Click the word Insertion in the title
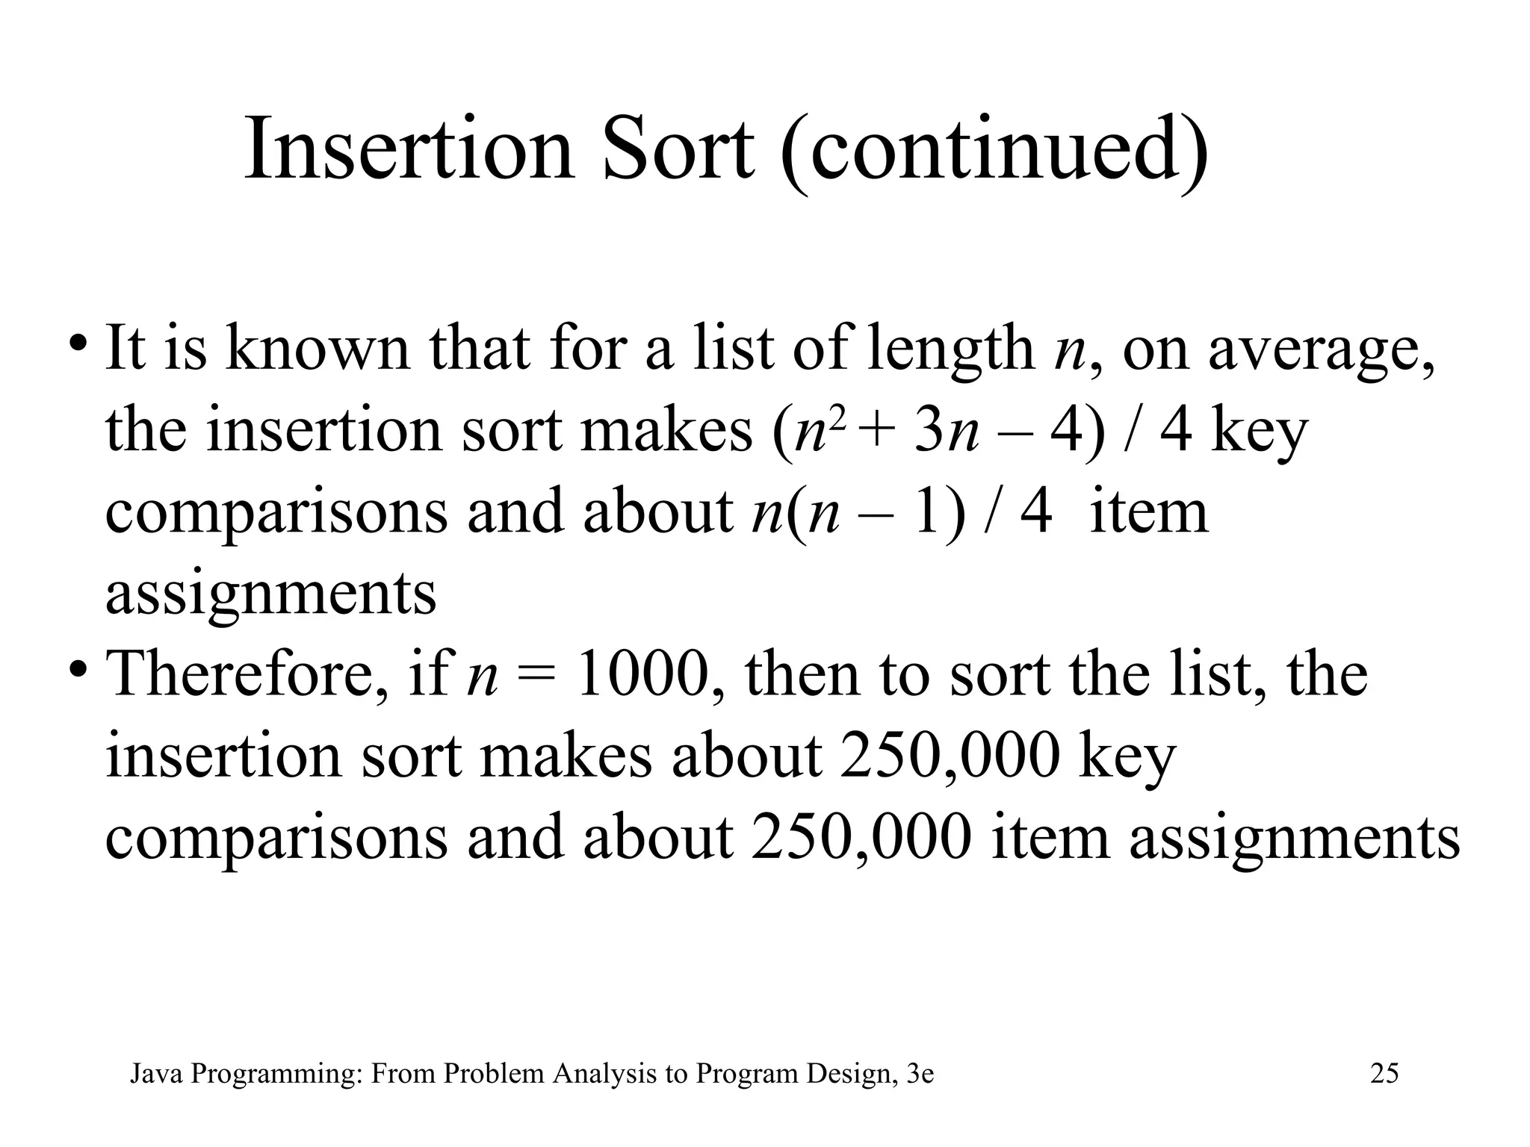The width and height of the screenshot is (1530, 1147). click(x=409, y=149)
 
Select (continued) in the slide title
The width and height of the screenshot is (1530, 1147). click(x=994, y=153)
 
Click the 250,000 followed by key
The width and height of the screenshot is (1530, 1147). click(x=950, y=756)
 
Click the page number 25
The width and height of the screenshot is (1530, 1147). click(x=1384, y=1074)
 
